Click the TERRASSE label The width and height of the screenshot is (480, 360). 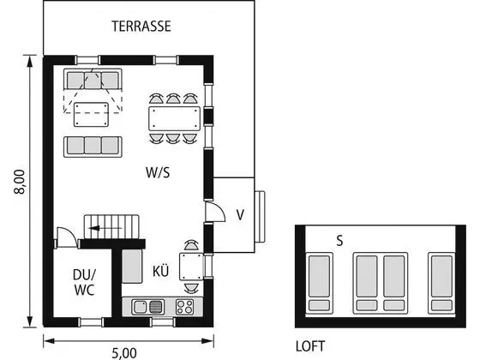[141, 27]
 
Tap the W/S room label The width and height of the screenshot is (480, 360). [158, 172]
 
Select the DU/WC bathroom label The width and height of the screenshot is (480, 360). [84, 282]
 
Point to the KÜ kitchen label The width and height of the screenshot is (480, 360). [161, 271]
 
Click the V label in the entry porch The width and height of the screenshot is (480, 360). [240, 215]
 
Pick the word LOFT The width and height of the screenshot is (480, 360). [310, 346]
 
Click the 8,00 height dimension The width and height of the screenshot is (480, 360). [20, 182]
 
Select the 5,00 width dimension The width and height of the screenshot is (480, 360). [124, 353]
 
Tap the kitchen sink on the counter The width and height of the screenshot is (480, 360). [147, 307]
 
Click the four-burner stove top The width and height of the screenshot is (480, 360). [185, 307]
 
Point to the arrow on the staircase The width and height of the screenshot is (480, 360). [105, 228]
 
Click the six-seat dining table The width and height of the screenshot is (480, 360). [175, 118]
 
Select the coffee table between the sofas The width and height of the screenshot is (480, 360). [91, 115]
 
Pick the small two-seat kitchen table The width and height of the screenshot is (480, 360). [191, 267]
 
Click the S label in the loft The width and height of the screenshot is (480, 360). [339, 241]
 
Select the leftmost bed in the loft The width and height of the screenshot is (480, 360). [319, 283]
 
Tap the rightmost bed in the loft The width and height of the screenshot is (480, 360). [441, 283]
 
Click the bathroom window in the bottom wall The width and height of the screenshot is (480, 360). [90, 322]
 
